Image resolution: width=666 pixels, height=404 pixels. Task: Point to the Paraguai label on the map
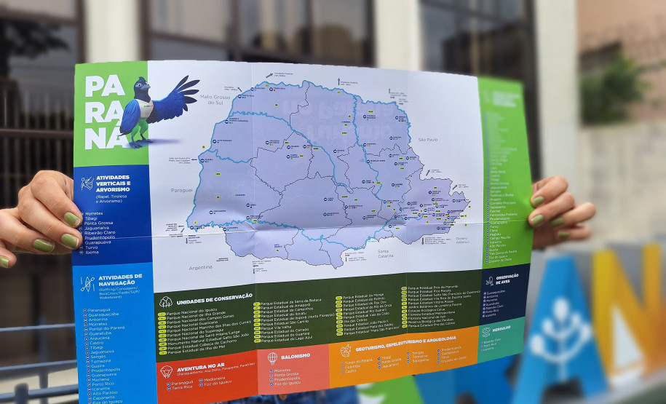pos(182,189)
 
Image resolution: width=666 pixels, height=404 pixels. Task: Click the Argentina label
pos(201,268)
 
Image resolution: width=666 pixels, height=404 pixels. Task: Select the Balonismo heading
pos(296,356)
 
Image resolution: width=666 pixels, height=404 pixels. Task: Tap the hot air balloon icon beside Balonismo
pos(272,357)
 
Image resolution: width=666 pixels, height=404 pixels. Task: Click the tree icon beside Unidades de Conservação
pos(166,301)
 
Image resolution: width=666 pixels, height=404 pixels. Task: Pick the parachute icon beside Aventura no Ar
pos(166,371)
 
